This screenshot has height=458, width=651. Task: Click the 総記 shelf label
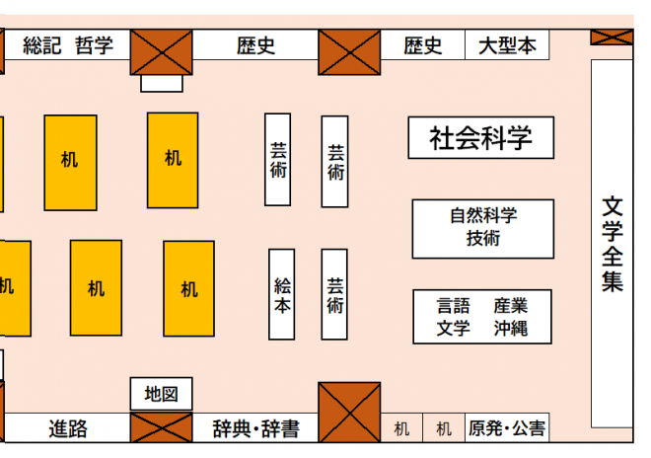pos(41,45)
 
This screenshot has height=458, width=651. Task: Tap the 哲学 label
pos(95,45)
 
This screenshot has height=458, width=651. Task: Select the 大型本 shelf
pos(507,45)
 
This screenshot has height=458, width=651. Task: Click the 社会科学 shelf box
pos(480,138)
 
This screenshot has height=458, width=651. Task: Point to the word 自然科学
pos(483,215)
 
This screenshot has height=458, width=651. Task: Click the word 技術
pos(483,238)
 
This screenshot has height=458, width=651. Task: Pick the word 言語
pos(454,306)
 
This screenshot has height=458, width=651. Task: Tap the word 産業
pos(510,306)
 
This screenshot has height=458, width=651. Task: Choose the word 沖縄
pos(510,329)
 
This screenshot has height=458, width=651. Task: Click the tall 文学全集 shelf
pos(613,243)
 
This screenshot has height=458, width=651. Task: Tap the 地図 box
pos(161,394)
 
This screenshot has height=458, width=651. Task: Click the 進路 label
pos(68,428)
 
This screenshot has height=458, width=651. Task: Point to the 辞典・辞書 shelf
pos(255,428)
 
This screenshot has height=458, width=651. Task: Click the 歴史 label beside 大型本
pos(423,45)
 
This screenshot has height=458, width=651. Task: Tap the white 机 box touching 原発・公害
pos(443,428)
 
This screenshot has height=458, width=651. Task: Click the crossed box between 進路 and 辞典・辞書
pos(162,428)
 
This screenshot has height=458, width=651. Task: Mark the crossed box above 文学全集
pos(612,37)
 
